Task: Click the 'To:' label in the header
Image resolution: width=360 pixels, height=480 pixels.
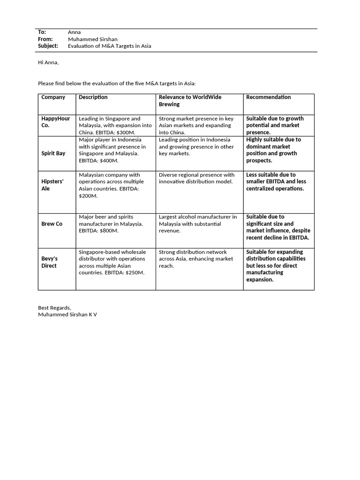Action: (42, 32)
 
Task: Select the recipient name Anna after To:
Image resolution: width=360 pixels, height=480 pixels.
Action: (74, 32)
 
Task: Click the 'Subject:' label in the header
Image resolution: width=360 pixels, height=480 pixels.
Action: (48, 46)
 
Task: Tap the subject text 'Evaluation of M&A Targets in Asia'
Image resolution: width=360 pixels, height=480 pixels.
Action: (109, 46)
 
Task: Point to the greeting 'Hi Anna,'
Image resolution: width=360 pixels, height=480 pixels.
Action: (48, 62)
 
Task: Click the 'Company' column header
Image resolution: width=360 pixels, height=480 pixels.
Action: (53, 97)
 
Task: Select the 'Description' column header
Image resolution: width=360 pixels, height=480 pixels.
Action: (93, 97)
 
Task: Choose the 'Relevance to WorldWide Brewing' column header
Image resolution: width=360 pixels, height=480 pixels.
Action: (190, 101)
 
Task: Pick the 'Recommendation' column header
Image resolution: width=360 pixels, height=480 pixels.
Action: (268, 97)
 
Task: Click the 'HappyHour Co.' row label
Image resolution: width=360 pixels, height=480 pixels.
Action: (55, 122)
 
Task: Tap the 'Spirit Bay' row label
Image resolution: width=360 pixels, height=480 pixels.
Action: (53, 153)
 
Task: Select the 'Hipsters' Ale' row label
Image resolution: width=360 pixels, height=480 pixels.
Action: (52, 185)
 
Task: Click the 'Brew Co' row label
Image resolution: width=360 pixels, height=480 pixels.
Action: (52, 224)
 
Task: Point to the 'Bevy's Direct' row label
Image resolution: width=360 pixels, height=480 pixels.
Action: (49, 262)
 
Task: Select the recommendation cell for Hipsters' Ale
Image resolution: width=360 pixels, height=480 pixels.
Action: (275, 181)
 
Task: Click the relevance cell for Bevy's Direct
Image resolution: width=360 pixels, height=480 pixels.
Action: (195, 259)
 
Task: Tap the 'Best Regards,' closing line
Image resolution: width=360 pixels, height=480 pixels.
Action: (54, 307)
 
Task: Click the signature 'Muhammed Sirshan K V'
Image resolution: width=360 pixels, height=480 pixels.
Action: (67, 315)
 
